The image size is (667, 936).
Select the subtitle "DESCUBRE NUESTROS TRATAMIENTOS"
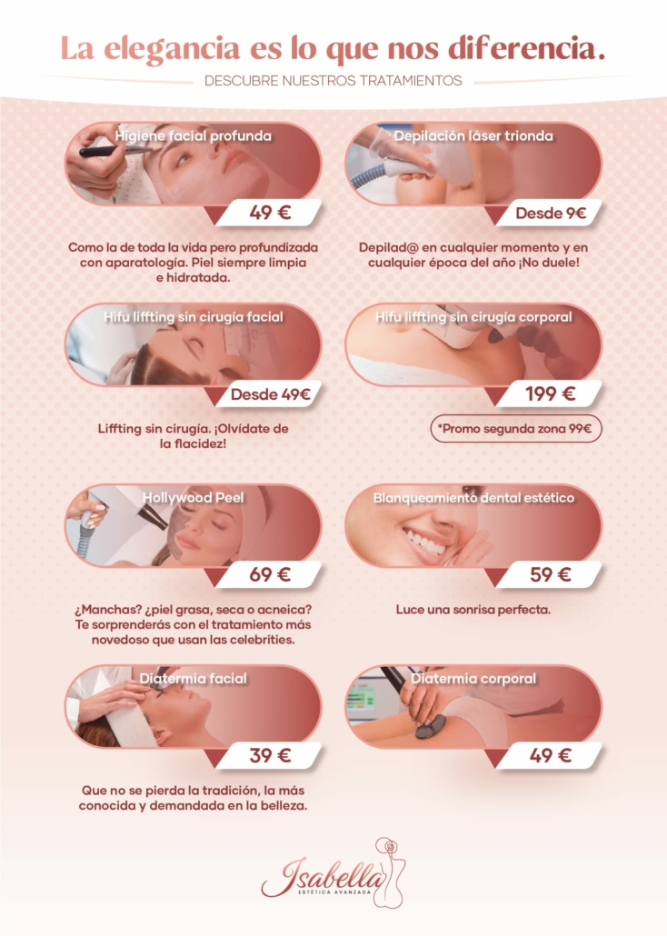click(x=333, y=81)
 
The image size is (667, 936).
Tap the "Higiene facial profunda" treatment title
click(x=193, y=136)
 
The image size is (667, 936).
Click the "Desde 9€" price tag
click(x=550, y=214)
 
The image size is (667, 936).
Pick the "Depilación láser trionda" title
click(x=473, y=136)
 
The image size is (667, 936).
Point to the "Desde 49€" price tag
click(x=270, y=394)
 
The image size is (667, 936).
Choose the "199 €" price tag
click(x=550, y=394)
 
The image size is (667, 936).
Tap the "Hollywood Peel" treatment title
click(x=193, y=498)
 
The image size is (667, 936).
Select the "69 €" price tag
click(x=270, y=574)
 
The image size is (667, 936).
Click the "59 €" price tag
click(x=550, y=574)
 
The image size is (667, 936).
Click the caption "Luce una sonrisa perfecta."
click(x=473, y=610)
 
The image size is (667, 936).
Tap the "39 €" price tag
click(x=270, y=755)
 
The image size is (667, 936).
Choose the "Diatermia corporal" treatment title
click(x=473, y=679)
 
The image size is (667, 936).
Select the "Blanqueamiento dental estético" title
click(x=473, y=498)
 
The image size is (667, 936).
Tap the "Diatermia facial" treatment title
click(x=193, y=679)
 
